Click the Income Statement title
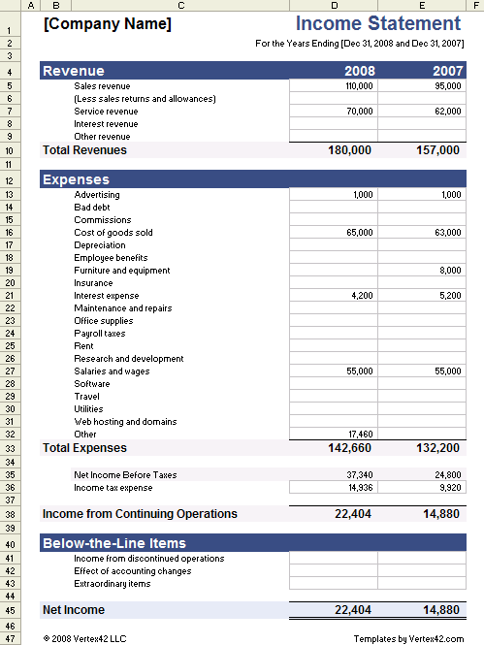(x=377, y=24)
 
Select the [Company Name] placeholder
(x=108, y=24)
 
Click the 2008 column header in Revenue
(x=359, y=71)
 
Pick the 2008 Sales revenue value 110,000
(x=358, y=86)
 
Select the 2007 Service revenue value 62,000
(x=446, y=112)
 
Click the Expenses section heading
(x=77, y=179)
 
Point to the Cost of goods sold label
(x=113, y=233)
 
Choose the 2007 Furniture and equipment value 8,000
(x=450, y=271)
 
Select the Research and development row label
(x=129, y=359)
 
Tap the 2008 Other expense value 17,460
(x=359, y=435)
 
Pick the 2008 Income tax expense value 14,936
(x=359, y=487)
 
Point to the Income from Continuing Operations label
(x=140, y=513)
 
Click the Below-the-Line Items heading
(x=114, y=543)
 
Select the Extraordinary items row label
(x=113, y=584)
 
